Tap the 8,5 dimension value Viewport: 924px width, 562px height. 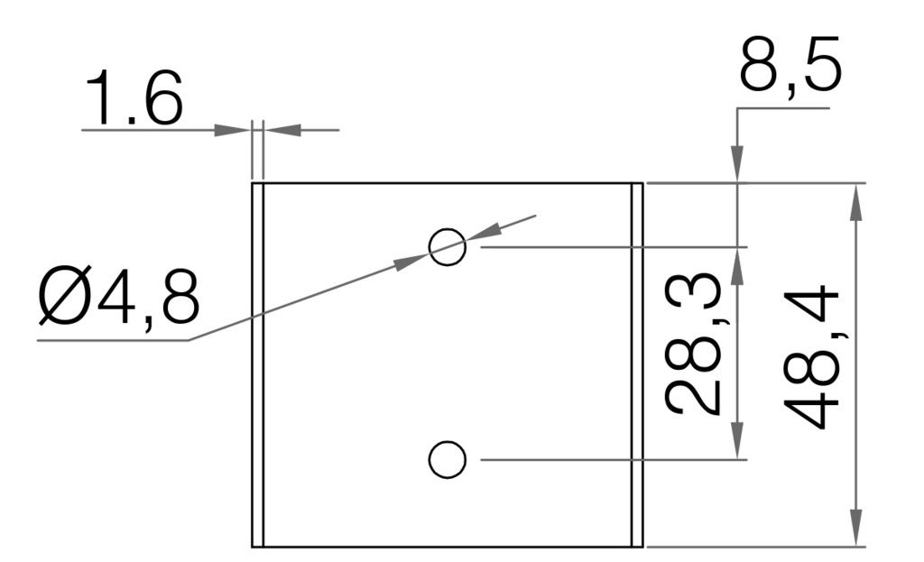790,65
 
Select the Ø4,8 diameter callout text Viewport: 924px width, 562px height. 118,299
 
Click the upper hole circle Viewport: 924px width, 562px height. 447,245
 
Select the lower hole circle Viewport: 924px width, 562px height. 447,460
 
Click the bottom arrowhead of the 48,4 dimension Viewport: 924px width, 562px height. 856,529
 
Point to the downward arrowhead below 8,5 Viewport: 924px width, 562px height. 737,166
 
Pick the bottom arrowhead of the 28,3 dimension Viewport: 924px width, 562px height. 737,442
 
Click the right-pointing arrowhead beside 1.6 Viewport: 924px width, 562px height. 232,130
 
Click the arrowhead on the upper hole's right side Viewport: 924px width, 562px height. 483,233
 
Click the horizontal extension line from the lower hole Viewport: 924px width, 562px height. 614,460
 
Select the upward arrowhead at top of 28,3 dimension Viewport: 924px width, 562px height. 737,264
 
